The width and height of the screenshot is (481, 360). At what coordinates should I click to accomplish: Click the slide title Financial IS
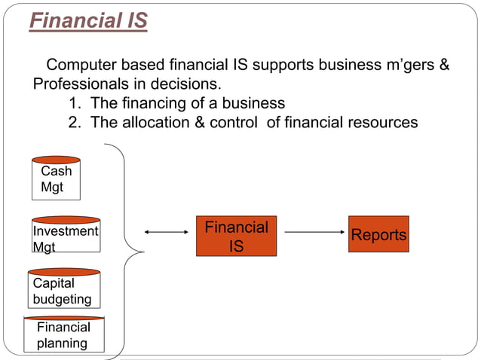(88, 21)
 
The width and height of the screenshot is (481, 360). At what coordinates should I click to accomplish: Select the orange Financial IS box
(236, 236)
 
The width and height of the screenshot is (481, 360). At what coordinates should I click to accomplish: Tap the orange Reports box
(378, 234)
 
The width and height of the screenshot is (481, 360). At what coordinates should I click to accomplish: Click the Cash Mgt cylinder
(56, 179)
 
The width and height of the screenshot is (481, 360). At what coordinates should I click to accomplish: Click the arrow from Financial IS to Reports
(312, 233)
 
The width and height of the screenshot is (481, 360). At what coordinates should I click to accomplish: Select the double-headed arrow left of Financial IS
(165, 233)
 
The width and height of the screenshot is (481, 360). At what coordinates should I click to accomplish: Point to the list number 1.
(74, 103)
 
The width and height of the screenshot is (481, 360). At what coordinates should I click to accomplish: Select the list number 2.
(74, 123)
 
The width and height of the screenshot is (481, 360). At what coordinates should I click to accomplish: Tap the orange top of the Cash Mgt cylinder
(56, 160)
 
